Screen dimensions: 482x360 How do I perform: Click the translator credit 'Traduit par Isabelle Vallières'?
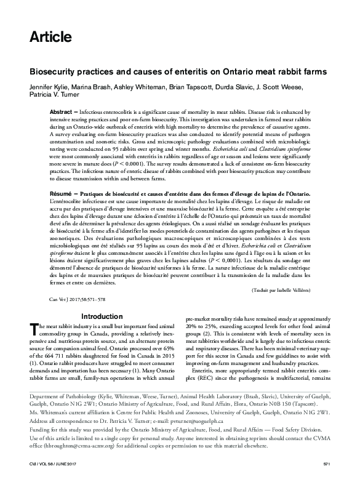coord(287,289)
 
